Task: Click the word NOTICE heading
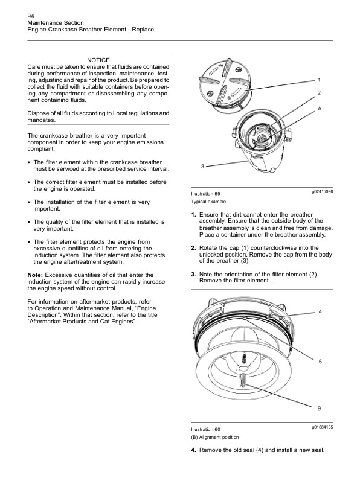pos(98,60)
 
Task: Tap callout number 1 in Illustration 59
pos(319,80)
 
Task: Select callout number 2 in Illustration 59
pos(319,92)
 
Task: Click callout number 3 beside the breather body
pos(202,166)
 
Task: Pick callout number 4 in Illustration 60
pos(320,312)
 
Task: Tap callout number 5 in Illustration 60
pos(320,362)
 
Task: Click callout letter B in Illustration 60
pos(320,409)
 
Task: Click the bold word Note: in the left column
pos(36,275)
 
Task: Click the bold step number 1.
pos(193,215)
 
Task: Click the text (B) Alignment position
pos(214,437)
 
